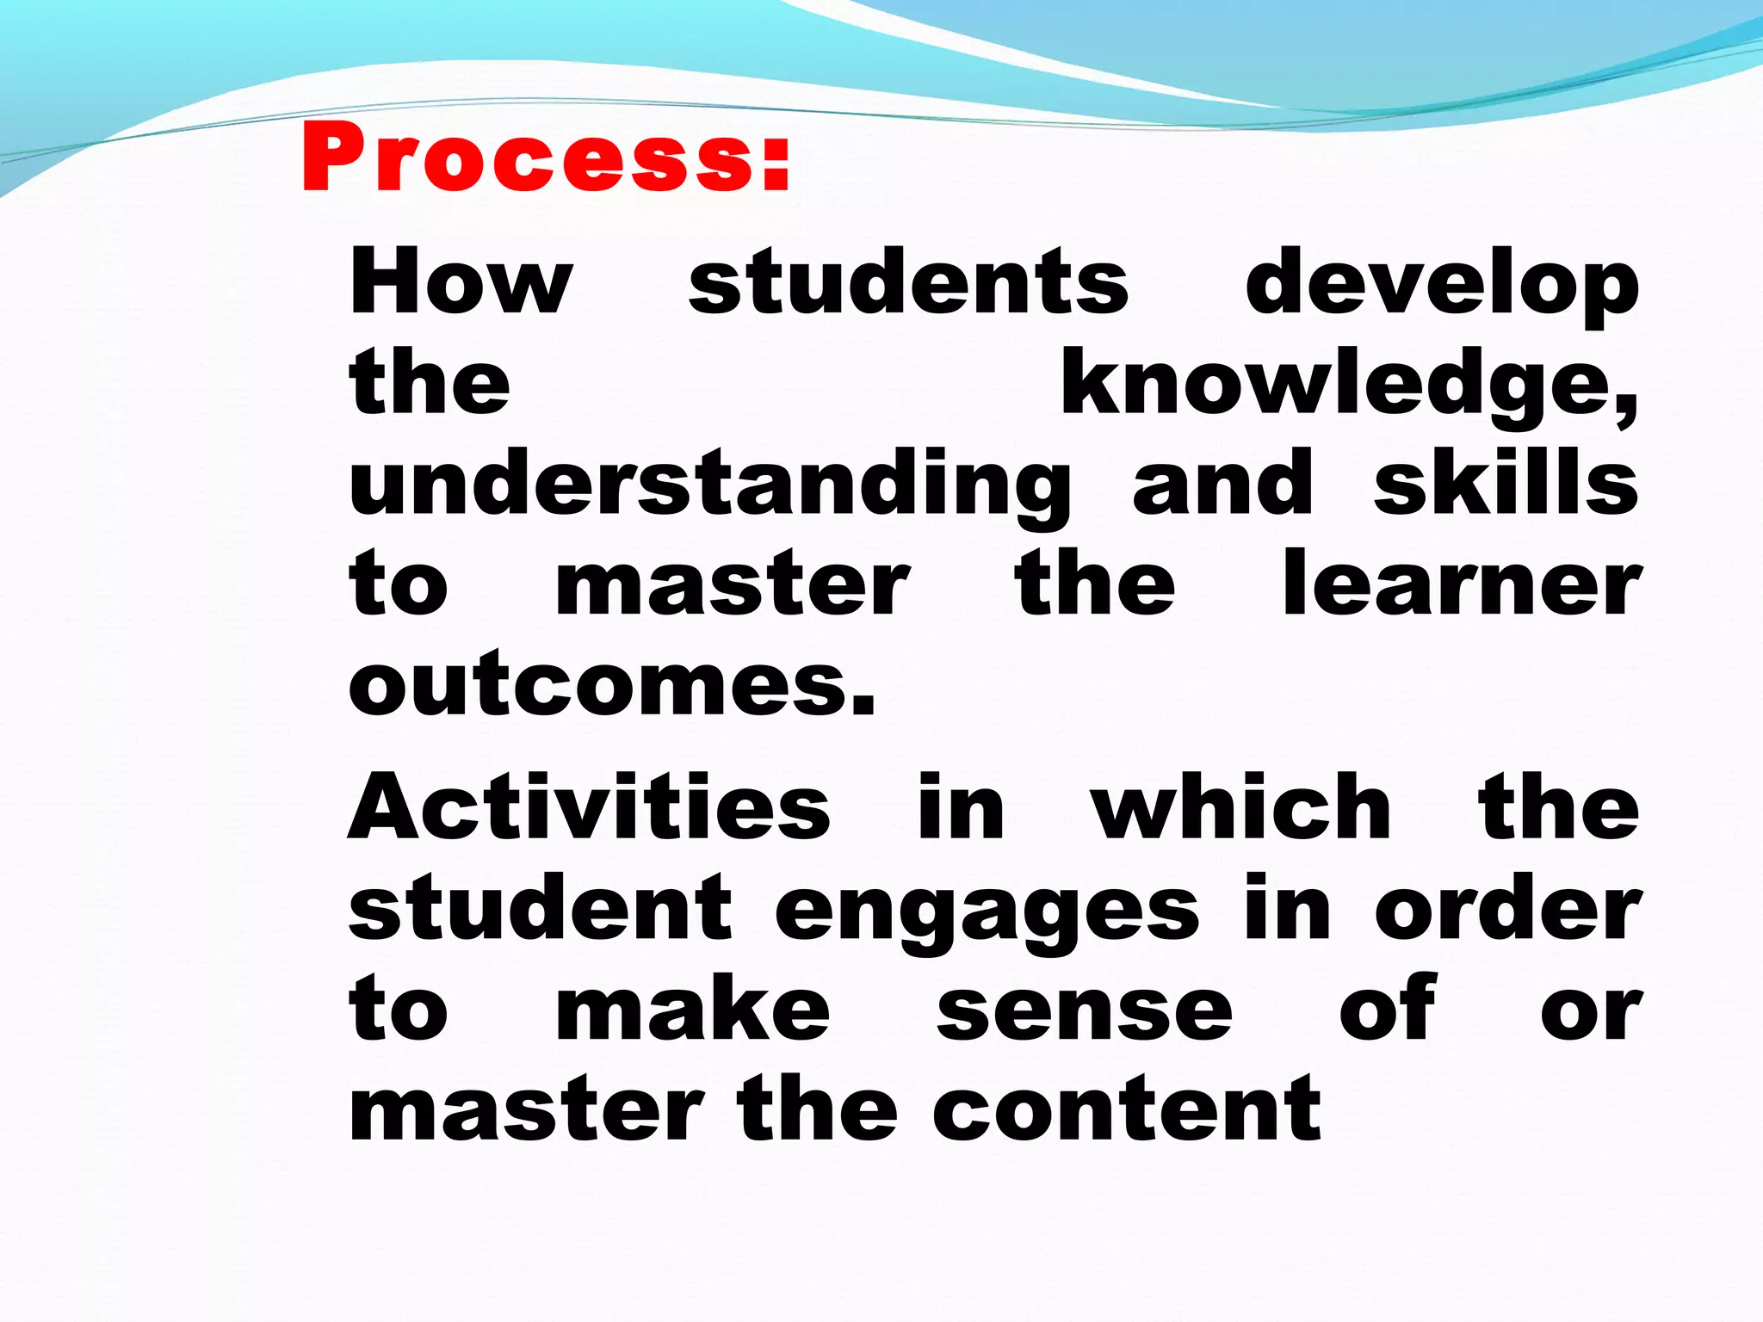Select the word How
pos(461,282)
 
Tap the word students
pos(908,282)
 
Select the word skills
pos(1506,484)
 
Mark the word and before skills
pos(1222,484)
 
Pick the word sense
pos(1085,1012)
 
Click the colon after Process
pos(775,164)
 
